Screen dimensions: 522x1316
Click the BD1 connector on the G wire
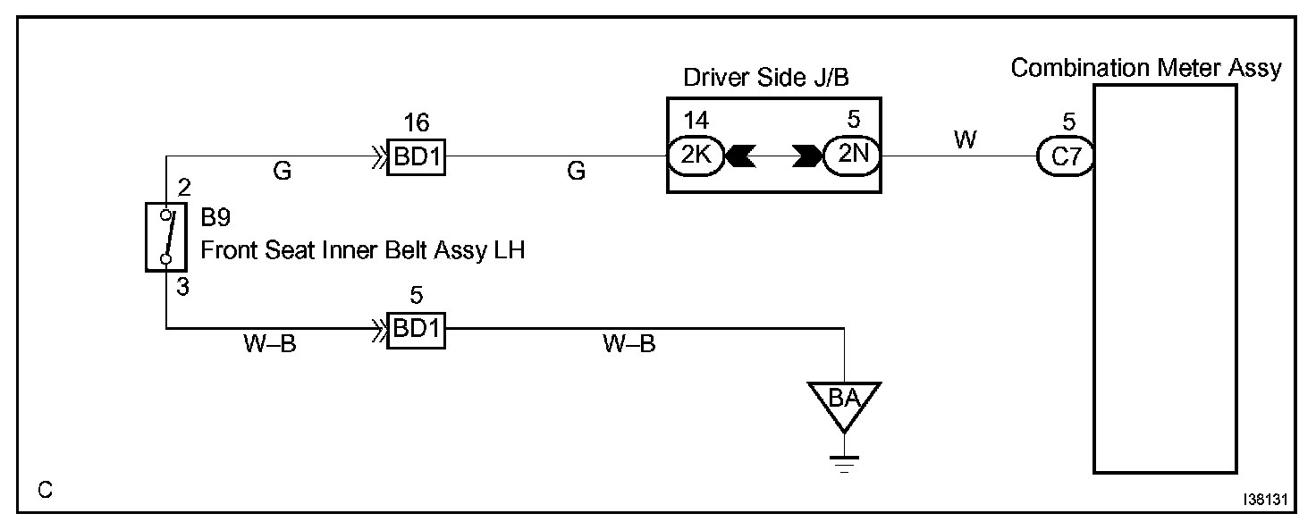(416, 158)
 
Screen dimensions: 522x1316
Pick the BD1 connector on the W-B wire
(416, 330)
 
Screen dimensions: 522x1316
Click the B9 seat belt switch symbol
(164, 236)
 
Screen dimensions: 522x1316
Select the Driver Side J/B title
(765, 78)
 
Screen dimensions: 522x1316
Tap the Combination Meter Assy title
(1146, 68)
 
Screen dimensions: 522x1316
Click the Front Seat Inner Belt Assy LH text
(362, 251)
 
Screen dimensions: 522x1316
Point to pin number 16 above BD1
(416, 122)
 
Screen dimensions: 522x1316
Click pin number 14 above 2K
(694, 120)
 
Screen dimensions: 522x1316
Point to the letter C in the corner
(45, 490)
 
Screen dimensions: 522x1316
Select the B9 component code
(215, 219)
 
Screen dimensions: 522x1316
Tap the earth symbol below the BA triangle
(843, 463)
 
